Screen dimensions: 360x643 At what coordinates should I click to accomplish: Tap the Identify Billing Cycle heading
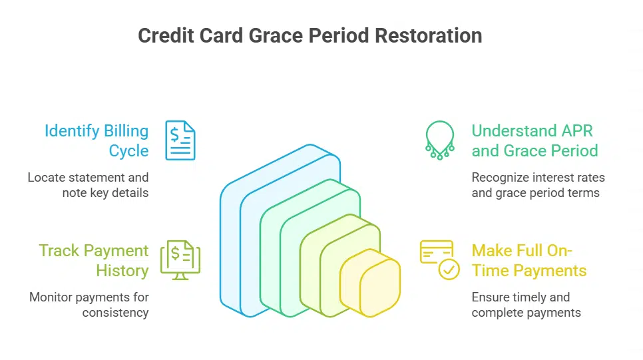[x=97, y=140]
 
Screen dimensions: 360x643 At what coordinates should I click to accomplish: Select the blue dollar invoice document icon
[x=180, y=140]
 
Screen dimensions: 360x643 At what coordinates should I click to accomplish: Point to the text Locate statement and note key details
[x=88, y=185]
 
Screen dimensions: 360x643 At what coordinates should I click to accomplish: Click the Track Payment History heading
[x=94, y=260]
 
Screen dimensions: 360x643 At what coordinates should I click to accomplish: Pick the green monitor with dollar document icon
[x=180, y=260]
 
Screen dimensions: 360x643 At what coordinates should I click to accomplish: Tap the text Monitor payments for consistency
[x=89, y=305]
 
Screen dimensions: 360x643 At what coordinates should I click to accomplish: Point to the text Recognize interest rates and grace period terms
[x=538, y=185]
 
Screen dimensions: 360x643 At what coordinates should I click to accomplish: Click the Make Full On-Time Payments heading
[x=529, y=260]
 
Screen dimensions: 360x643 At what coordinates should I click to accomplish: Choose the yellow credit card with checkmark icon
[x=439, y=260]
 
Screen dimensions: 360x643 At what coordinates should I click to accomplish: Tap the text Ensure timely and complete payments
[x=526, y=305]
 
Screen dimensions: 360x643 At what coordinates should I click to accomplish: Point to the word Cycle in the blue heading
[x=128, y=150]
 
